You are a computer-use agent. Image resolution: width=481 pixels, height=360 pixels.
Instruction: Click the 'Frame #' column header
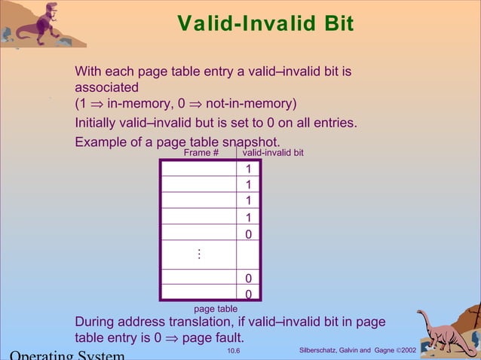tap(201, 153)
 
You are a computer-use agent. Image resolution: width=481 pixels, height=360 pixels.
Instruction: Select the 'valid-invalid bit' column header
tap(273, 153)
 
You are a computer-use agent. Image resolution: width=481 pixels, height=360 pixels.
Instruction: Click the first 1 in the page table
tap(248, 169)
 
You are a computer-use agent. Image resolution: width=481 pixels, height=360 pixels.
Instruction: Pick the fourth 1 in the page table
tap(248, 218)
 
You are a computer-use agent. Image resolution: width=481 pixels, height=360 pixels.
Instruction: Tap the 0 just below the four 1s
tap(248, 234)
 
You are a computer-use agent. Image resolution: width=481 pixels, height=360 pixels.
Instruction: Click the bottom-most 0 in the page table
tap(248, 294)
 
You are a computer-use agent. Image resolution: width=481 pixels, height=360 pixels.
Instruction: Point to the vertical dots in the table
tap(199, 255)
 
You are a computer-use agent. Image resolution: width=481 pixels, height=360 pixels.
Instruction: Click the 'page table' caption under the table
tap(216, 309)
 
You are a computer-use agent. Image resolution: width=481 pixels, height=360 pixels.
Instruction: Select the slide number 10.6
tap(234, 351)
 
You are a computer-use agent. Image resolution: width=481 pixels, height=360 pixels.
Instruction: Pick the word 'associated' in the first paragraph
tap(106, 87)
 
